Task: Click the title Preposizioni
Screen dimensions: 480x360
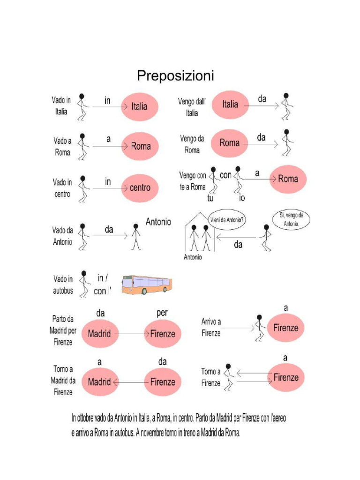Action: tap(175, 75)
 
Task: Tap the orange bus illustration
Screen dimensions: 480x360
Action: tap(147, 285)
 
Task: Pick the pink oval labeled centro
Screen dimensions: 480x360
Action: tap(140, 188)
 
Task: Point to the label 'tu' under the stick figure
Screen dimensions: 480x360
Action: tap(210, 198)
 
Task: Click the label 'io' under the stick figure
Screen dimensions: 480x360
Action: tap(242, 198)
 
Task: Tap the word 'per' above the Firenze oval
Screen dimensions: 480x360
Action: tap(161, 312)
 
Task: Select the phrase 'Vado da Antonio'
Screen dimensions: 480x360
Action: tap(62, 236)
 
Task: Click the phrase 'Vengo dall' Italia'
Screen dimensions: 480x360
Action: tap(192, 106)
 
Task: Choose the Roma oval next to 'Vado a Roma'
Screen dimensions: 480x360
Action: tap(140, 146)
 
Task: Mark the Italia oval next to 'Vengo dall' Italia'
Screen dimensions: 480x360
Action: tap(230, 105)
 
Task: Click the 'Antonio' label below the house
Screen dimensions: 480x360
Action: tap(193, 257)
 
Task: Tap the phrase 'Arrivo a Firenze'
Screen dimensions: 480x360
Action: tap(211, 328)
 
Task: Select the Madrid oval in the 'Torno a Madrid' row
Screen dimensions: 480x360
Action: tap(99, 382)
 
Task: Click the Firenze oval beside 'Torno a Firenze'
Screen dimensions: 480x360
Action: tap(285, 377)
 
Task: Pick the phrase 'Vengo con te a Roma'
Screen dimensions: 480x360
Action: tap(192, 181)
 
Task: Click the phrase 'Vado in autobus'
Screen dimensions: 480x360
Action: tap(63, 285)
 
